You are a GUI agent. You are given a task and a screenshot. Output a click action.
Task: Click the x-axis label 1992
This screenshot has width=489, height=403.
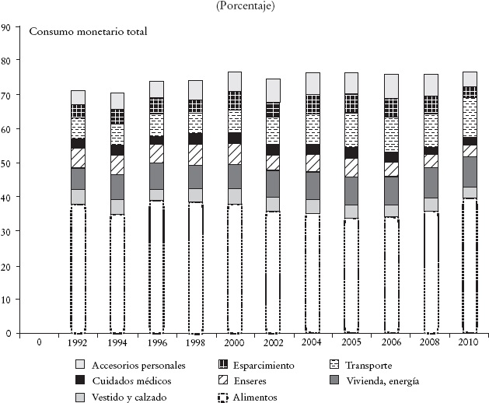coord(78,342)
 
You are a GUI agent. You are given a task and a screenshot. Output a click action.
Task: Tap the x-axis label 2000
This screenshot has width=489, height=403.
coord(234,342)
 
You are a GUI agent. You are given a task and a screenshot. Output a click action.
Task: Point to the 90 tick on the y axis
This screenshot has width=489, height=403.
coord(5,26)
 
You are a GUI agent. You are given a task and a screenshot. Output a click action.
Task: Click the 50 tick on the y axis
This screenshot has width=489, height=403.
coord(5,163)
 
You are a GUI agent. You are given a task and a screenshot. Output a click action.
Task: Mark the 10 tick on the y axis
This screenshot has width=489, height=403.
coord(5,300)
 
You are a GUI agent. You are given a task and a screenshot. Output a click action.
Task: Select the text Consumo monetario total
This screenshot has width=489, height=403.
coord(88,32)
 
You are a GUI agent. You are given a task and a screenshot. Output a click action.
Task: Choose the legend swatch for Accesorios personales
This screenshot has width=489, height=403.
coord(80,365)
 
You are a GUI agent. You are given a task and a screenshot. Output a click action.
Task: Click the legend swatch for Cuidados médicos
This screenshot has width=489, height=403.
coord(80,380)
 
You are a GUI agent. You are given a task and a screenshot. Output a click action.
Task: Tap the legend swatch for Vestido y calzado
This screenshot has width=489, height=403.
coord(80,397)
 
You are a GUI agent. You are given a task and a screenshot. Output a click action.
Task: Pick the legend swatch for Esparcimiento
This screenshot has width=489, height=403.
coord(225,365)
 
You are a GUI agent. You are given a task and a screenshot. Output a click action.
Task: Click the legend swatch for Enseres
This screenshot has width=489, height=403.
coord(225,380)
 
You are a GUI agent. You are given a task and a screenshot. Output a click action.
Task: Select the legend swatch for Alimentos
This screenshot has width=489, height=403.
coord(225,397)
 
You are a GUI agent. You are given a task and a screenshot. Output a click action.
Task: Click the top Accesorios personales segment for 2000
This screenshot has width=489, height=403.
coord(234,81)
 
